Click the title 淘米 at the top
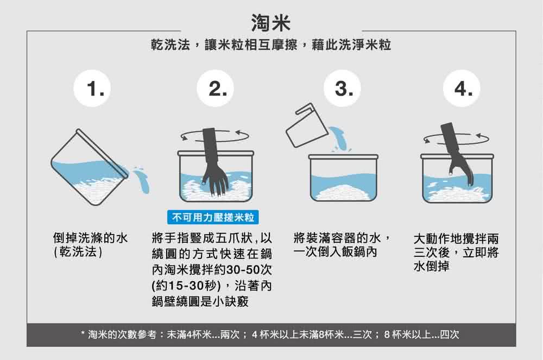point(271,22)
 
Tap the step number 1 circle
point(98,88)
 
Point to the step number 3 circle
point(340,88)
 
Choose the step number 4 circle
point(462,88)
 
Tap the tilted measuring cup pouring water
point(301,126)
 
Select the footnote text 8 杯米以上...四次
point(421,334)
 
